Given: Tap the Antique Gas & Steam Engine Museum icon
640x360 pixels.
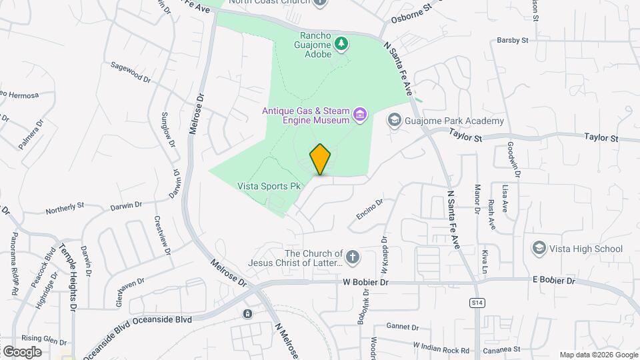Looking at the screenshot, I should point(360,115).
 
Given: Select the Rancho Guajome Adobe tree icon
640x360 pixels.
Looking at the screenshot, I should point(341,43).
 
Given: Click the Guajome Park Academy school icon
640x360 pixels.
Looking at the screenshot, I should point(395,120).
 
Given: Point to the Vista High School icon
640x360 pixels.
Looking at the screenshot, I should point(538,249).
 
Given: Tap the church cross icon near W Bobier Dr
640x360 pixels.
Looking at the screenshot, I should point(352,257).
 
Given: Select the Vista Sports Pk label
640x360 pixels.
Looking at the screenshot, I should point(267,187).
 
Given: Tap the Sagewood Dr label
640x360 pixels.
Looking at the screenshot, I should point(131,72).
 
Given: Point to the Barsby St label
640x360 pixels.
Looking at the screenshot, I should point(513,41).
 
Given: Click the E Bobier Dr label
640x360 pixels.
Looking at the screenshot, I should point(553,281).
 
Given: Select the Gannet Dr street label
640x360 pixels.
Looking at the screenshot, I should point(402,327).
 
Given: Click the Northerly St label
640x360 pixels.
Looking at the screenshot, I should point(64,209).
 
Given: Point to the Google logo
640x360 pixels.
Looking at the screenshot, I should point(22,351).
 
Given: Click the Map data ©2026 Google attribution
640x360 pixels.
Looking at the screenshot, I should point(598,355).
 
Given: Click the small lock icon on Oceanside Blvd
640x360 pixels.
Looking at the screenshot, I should point(247,314).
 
